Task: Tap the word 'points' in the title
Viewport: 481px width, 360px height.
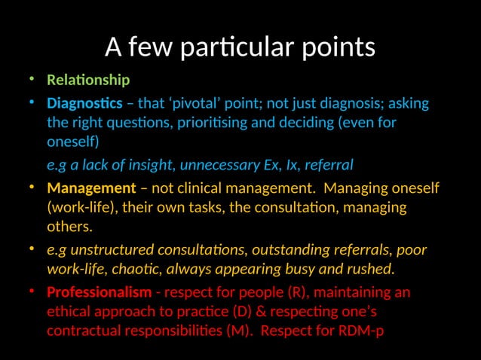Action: pyautogui.click(x=338, y=47)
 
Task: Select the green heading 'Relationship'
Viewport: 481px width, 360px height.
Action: pyautogui.click(x=88, y=80)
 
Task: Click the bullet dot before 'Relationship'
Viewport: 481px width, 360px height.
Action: pyautogui.click(x=31, y=80)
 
